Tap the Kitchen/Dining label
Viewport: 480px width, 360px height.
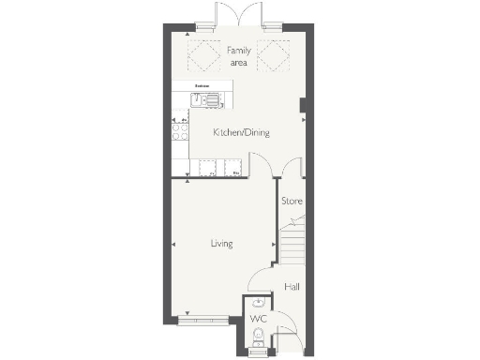[241, 133]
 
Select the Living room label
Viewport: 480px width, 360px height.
[221, 244]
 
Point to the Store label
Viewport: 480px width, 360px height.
[292, 202]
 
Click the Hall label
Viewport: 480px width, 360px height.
[292, 287]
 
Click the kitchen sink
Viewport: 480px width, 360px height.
[204, 97]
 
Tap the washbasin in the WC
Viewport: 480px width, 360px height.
[257, 303]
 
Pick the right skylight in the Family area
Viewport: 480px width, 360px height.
[275, 57]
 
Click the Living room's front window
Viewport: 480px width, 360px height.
[202, 320]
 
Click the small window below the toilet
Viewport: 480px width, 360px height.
[257, 355]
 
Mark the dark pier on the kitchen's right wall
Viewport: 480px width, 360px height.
[302, 108]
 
